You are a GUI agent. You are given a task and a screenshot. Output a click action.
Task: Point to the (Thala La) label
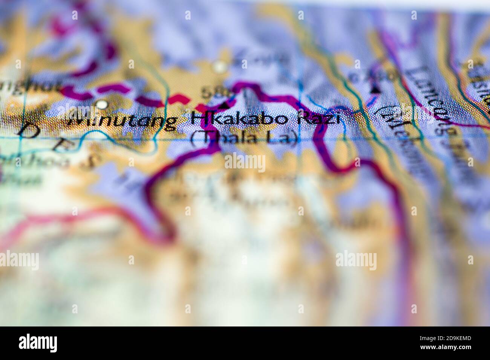click(244, 139)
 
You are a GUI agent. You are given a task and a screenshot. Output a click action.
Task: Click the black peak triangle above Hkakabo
click(225, 106)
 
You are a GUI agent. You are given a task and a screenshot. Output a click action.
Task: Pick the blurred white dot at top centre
click(219, 67)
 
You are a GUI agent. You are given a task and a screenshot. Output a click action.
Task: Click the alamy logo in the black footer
click(38, 343)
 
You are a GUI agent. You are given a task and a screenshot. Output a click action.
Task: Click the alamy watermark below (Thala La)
click(245, 163)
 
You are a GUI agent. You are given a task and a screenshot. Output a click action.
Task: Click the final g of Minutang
click(170, 123)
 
